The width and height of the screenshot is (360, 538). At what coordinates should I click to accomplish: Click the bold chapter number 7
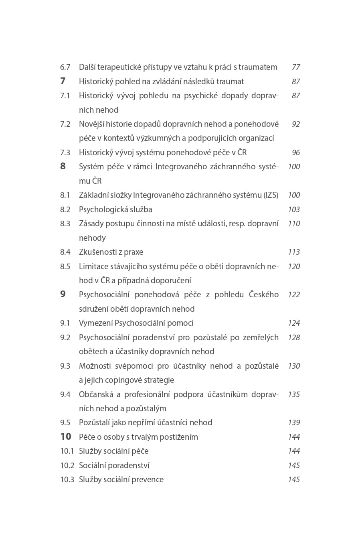(63, 81)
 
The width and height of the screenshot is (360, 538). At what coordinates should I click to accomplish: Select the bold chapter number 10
(66, 437)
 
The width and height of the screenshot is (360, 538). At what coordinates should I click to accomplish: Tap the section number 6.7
(65, 67)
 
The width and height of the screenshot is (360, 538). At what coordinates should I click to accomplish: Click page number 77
(296, 67)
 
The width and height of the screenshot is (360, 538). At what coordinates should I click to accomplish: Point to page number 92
(296, 124)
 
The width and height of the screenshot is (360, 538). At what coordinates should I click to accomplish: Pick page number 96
(296, 153)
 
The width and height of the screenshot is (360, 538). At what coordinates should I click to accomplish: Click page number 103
(294, 210)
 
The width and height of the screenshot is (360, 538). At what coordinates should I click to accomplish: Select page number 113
(294, 252)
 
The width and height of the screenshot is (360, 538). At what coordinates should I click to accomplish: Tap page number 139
(294, 423)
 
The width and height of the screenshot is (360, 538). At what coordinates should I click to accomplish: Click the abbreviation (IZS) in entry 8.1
(271, 195)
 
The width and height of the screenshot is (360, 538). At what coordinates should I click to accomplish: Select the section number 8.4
(65, 252)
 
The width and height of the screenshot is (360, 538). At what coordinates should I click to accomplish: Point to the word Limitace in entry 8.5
(92, 266)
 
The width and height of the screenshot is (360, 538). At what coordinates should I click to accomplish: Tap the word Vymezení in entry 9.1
(95, 323)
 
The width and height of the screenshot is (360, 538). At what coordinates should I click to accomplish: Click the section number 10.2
(67, 466)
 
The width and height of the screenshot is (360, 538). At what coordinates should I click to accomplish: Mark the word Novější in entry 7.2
(93, 124)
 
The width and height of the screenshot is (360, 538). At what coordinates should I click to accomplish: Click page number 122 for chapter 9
(294, 295)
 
